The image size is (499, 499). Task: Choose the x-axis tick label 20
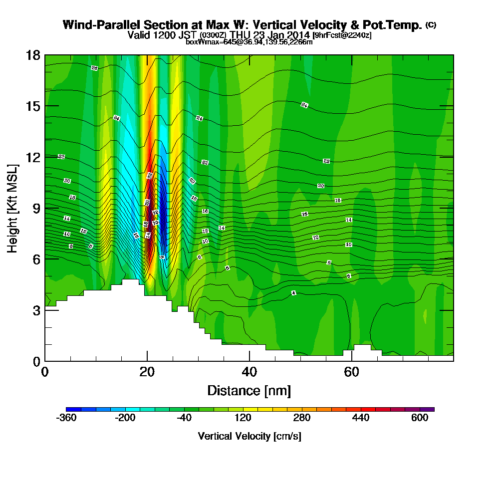point(147,372)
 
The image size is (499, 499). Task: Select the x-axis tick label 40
point(249,372)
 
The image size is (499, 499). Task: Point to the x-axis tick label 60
point(351,372)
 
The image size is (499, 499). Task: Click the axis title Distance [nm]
point(249,390)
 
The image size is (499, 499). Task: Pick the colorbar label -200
point(125,418)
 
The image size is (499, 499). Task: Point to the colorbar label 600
point(420,418)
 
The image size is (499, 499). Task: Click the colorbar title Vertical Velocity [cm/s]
point(249,436)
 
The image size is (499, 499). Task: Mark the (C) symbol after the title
point(431,25)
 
